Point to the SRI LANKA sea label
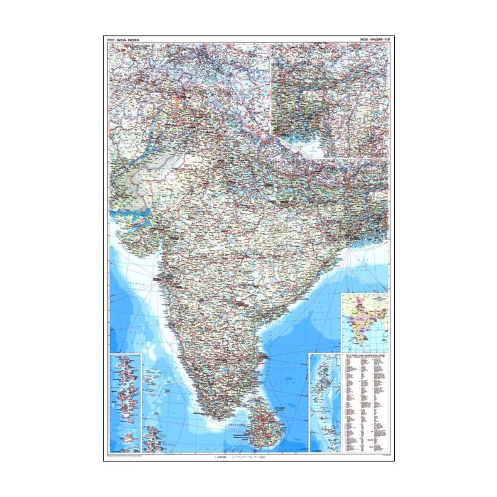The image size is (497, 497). [255, 422]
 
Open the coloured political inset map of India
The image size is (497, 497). [365, 319]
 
